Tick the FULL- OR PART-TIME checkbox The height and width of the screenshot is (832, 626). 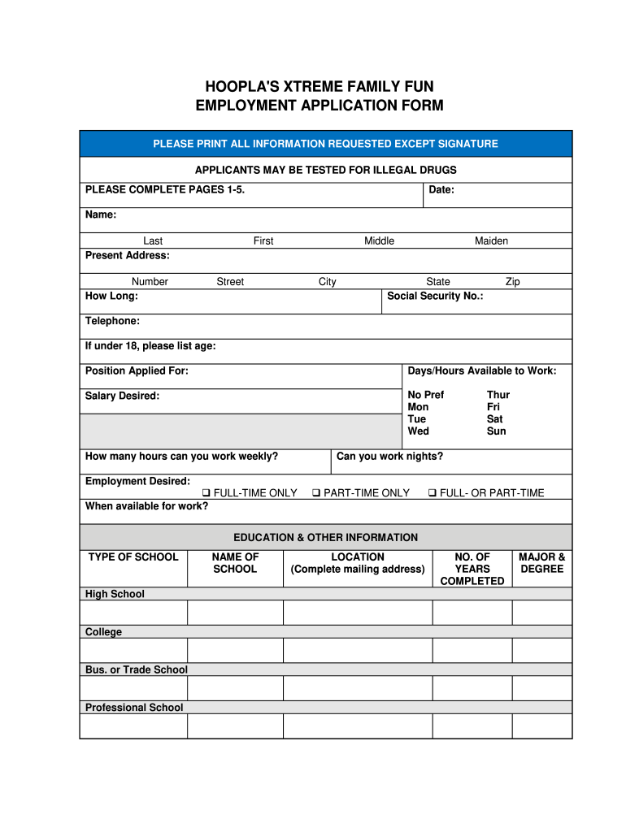click(x=433, y=493)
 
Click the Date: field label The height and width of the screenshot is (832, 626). click(x=441, y=190)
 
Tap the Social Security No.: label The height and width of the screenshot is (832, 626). click(x=435, y=296)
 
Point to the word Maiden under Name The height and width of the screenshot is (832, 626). click(x=491, y=240)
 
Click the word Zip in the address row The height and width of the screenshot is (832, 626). click(x=512, y=282)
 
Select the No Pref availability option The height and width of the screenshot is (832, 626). click(x=425, y=395)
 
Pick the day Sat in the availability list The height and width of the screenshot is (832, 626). click(x=494, y=419)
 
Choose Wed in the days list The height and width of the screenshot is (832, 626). click(x=418, y=431)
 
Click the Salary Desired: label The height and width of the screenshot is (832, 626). click(x=122, y=396)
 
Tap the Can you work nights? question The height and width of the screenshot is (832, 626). click(x=389, y=456)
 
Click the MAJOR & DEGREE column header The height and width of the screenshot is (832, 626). click(x=541, y=563)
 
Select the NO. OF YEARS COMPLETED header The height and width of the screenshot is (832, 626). click(x=472, y=569)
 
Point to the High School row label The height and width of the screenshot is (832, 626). click(x=115, y=594)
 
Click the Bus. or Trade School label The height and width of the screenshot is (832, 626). click(x=136, y=669)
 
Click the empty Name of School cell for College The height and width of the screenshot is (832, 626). click(x=235, y=650)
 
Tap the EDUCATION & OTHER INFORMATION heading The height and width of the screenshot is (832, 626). click(x=325, y=537)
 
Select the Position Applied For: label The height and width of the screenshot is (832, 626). click(x=137, y=370)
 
